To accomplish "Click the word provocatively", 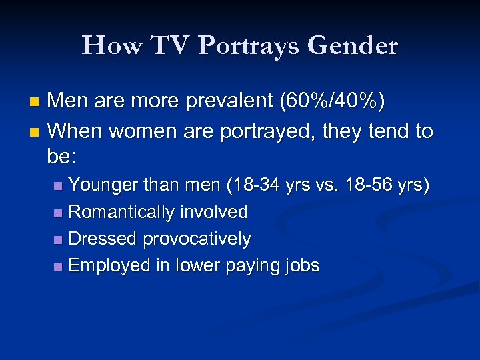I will [197, 239].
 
